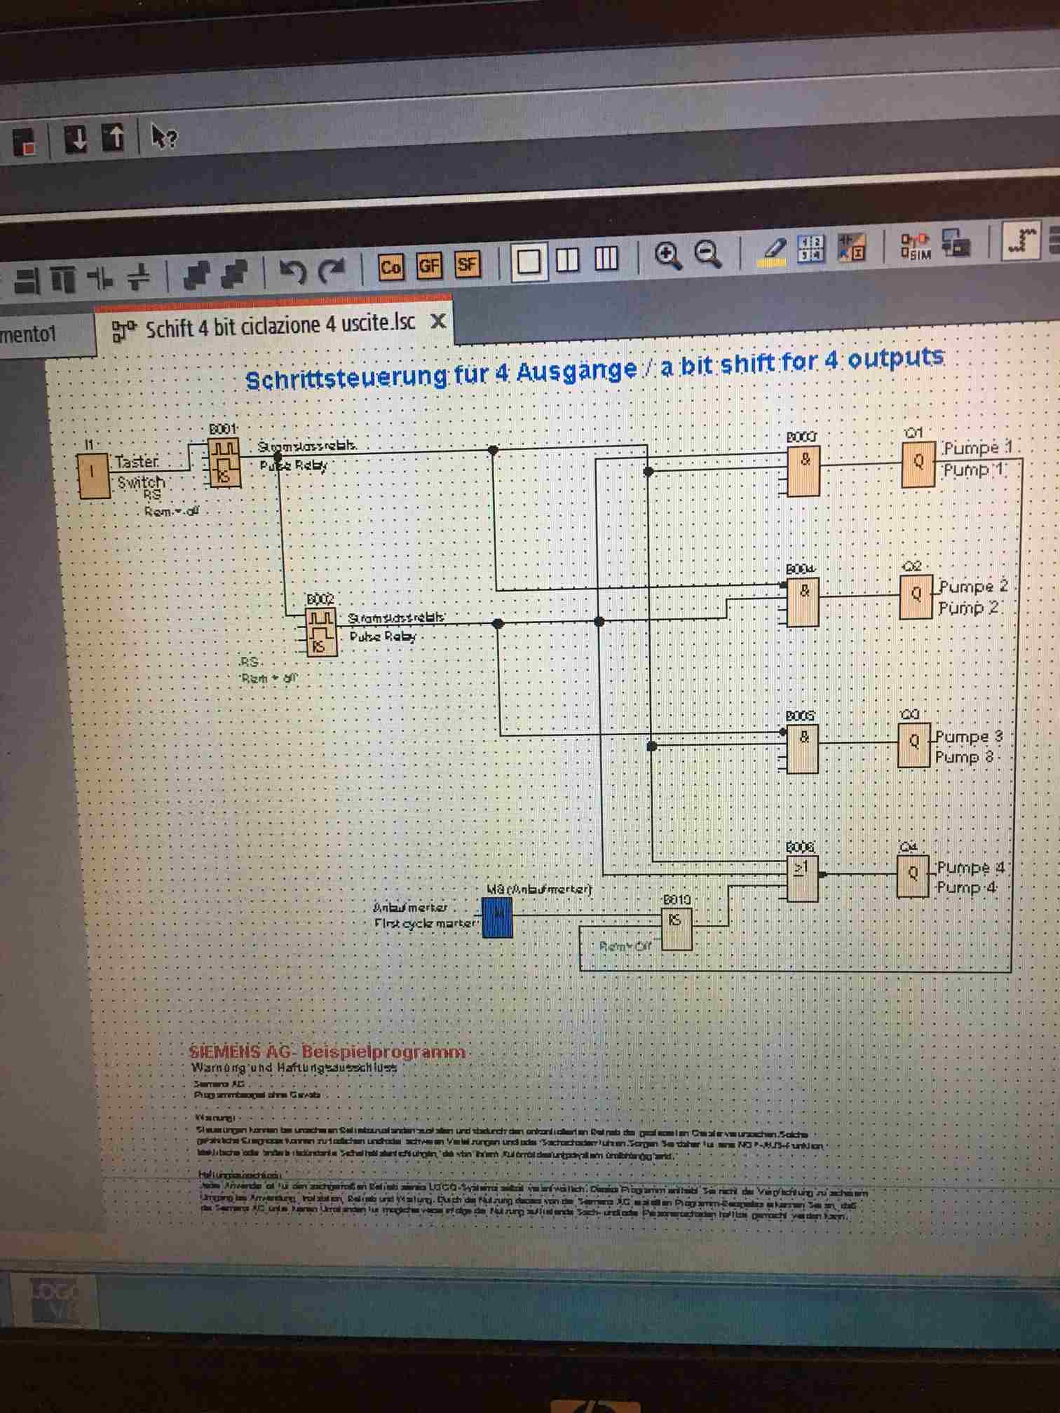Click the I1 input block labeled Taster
coord(94,476)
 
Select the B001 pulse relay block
coord(224,463)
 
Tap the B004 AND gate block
coord(802,603)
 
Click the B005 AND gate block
coord(802,749)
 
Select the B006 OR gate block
coord(801,880)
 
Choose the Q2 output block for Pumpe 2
coord(915,596)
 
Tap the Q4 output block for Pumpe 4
coord(912,875)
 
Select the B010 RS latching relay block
coord(676,929)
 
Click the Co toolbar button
coord(390,267)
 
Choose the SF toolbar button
coord(467,265)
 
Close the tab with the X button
coord(437,321)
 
